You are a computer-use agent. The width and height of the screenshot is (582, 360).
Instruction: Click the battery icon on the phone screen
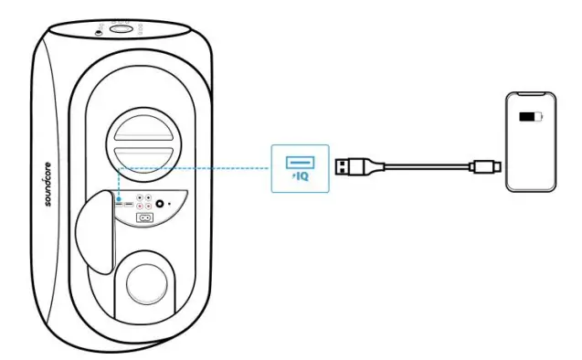click(x=530, y=118)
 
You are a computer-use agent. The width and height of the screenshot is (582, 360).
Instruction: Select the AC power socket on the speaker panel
click(x=143, y=217)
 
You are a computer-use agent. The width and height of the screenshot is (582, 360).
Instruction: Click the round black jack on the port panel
click(x=163, y=206)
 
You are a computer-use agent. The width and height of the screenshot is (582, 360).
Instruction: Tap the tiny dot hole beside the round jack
click(x=175, y=206)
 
